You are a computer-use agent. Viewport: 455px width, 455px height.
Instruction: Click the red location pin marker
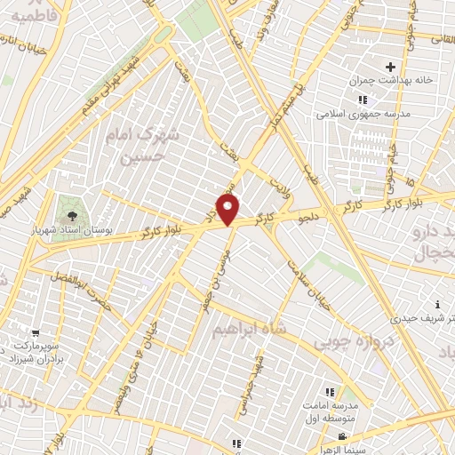pos(228,208)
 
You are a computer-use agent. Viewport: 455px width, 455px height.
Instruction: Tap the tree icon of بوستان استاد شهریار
pos(68,213)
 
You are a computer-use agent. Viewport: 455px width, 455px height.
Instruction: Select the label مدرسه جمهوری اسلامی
pos(360,114)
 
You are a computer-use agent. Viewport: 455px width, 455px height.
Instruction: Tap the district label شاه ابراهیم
pos(248,330)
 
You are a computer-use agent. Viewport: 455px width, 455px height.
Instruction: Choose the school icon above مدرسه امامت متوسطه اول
pos(329,392)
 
